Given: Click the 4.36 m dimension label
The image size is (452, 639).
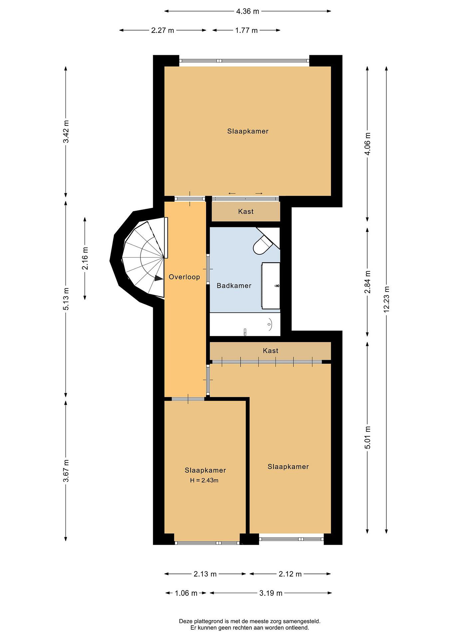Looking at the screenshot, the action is (x=247, y=11).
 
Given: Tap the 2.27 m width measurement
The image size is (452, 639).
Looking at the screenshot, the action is (x=163, y=30).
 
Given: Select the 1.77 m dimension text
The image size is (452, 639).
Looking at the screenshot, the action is (x=246, y=30).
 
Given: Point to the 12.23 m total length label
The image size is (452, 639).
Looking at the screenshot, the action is (x=386, y=299).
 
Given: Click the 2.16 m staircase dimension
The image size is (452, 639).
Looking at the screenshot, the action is (x=85, y=258).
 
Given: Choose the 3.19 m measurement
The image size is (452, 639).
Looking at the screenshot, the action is (x=271, y=601).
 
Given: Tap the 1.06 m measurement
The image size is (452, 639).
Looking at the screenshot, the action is (x=186, y=601).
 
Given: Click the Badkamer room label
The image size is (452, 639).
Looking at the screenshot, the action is (x=234, y=286).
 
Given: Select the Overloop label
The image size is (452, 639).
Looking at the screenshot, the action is (x=184, y=277).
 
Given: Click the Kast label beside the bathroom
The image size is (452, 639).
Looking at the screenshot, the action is (x=246, y=211).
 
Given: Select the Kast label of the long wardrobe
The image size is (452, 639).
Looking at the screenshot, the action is (x=270, y=351).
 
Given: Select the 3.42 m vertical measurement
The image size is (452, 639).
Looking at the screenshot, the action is (x=66, y=131).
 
